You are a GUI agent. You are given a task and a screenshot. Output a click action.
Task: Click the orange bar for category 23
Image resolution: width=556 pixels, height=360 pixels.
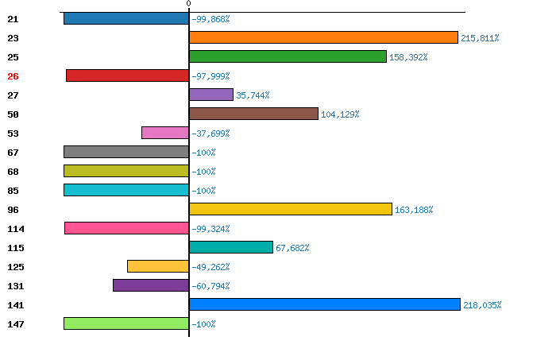point(323,37)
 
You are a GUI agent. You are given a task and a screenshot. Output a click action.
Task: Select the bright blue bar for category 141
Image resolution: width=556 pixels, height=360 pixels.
point(324,304)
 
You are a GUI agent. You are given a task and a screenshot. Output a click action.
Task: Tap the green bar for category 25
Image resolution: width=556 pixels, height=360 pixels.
point(288,56)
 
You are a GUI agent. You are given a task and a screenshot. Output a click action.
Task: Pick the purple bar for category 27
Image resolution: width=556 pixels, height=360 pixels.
point(211,95)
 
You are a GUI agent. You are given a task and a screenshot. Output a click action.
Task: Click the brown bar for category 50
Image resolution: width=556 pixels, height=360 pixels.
point(253,114)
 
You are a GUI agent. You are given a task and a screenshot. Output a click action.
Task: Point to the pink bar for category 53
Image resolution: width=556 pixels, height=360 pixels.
point(165,133)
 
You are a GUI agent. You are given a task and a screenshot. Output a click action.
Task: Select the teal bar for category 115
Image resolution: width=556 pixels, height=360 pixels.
point(231,247)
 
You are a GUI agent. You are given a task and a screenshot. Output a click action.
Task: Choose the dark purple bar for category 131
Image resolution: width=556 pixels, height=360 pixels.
point(151,285)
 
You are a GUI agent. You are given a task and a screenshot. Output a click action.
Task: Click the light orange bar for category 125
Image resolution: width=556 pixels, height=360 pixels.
point(158,266)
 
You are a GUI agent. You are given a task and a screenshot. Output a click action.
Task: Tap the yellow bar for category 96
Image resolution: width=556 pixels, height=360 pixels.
point(291,209)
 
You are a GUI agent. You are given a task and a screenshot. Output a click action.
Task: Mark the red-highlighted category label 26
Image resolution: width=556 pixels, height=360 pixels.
point(13,76)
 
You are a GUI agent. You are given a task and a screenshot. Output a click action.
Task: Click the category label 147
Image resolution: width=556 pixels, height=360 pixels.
point(16,324)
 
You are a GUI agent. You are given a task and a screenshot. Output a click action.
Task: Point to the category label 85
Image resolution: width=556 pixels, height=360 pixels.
point(13,191)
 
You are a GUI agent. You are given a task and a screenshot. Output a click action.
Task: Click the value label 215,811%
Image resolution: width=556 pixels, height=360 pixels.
point(480,38)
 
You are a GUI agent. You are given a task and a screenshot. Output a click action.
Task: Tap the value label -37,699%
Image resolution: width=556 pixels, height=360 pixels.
point(210,134)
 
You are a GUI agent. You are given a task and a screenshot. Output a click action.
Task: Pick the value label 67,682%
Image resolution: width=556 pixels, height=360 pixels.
point(292,248)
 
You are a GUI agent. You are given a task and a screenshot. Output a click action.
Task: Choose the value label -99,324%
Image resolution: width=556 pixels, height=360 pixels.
point(210,229)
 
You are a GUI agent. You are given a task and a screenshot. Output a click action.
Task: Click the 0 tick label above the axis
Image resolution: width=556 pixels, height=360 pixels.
point(188,4)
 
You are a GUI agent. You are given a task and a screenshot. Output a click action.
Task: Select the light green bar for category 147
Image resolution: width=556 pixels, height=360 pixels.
point(126,323)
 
